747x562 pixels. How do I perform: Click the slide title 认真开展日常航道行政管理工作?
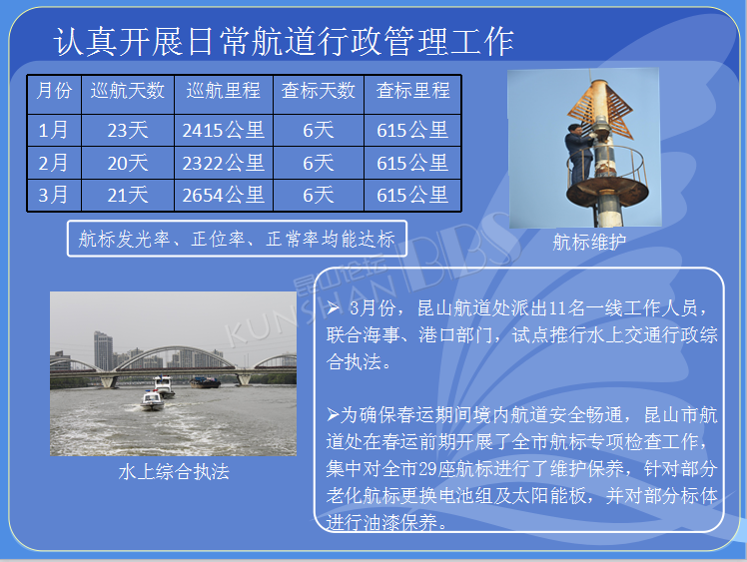[x=284, y=41]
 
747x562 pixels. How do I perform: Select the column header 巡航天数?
[x=128, y=91]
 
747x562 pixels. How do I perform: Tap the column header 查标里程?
[x=412, y=91]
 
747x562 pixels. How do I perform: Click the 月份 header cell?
[x=54, y=91]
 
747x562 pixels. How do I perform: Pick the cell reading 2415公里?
[x=224, y=130]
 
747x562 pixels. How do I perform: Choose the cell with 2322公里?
[x=224, y=163]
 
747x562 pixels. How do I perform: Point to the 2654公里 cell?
[x=224, y=196]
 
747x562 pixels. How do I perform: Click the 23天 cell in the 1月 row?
[x=128, y=130]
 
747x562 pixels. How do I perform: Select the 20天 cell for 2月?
[x=128, y=163]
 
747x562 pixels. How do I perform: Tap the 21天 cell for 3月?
[x=128, y=196]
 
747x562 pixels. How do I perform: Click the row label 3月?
[x=53, y=196]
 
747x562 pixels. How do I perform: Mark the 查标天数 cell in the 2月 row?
[x=319, y=163]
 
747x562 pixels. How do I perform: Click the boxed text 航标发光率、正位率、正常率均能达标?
[x=237, y=239]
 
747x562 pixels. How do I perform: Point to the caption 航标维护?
[x=589, y=242]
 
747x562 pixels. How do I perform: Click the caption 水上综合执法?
[x=174, y=471]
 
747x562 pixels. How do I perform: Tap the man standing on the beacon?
[x=579, y=154]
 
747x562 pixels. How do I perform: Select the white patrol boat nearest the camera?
[x=153, y=400]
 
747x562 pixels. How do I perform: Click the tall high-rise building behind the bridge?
[x=104, y=351]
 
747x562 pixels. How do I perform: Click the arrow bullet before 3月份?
[x=333, y=307]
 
